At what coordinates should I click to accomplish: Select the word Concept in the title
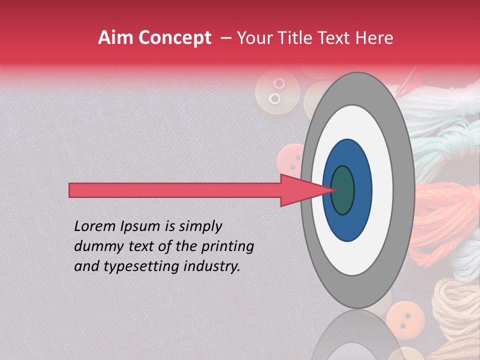coord(174,38)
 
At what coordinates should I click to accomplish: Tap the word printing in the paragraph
coord(227,247)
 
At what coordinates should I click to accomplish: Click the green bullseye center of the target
coord(342,190)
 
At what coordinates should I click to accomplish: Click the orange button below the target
coord(405,317)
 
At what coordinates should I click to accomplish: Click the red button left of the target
coord(291,160)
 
